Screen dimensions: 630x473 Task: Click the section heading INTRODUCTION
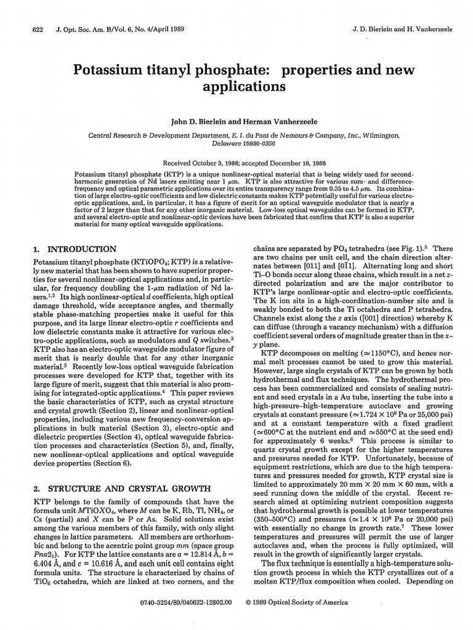tap(81, 249)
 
